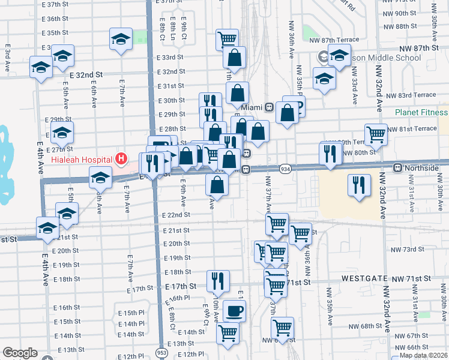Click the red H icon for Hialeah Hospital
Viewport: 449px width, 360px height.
click(x=121, y=159)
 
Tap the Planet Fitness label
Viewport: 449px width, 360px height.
click(x=421, y=112)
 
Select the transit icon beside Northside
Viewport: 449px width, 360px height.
click(x=397, y=168)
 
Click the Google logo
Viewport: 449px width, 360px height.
click(x=20, y=353)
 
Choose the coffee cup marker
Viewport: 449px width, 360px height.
click(x=234, y=311)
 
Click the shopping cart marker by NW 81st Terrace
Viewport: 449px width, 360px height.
click(x=376, y=134)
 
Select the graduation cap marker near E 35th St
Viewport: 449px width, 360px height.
click(x=121, y=39)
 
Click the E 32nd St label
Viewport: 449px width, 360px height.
click(x=86, y=75)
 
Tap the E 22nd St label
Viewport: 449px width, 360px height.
click(x=175, y=215)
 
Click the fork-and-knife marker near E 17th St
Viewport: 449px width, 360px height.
click(x=218, y=280)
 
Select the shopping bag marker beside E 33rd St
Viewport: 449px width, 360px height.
click(x=235, y=58)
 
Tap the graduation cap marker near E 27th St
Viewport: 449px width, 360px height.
click(x=62, y=132)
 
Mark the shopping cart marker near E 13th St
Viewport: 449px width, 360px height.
click(x=228, y=332)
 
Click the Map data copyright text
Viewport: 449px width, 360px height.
click(x=424, y=355)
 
